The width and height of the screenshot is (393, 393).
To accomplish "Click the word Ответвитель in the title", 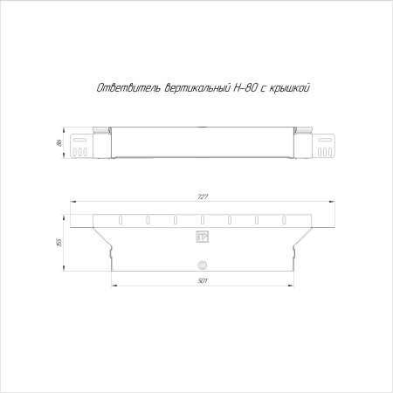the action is [128, 87].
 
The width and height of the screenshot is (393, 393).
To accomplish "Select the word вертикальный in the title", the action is [197, 87].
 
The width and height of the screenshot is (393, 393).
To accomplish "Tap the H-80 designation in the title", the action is [245, 87].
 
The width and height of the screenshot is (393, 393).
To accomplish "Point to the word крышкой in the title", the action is [289, 87].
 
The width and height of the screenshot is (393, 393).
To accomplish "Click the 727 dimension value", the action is [203, 196].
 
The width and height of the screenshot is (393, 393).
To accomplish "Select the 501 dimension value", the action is [203, 281].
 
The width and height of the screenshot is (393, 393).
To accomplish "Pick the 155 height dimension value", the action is [59, 243].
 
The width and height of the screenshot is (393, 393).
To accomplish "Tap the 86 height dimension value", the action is [59, 143].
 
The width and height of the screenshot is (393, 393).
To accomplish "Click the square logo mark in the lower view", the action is [203, 237].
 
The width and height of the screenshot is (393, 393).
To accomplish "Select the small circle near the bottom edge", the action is [203, 265].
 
